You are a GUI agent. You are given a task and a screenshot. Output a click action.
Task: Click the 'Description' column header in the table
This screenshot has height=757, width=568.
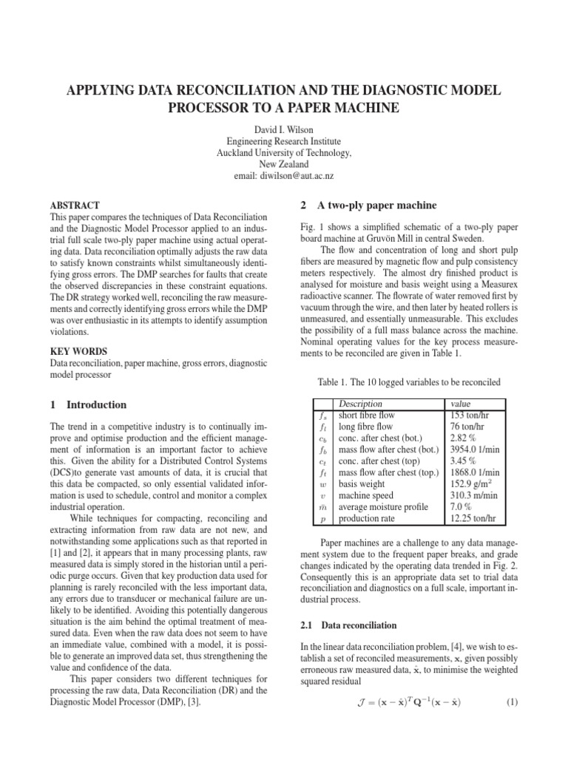359,404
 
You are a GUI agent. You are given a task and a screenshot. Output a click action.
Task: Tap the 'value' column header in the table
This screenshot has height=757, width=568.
461,404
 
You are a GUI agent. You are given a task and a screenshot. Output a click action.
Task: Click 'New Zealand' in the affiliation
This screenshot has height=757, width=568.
284,165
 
